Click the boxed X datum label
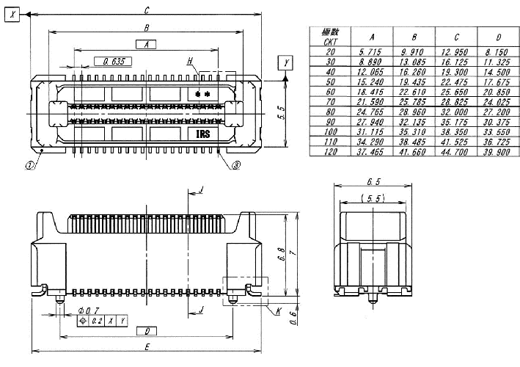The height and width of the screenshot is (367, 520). [x=10, y=13]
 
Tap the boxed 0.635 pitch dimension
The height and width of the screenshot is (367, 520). [x=114, y=61]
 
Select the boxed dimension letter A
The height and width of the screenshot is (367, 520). [x=147, y=44]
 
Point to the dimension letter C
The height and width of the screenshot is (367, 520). [x=147, y=10]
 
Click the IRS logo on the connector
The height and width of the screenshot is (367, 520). [x=203, y=134]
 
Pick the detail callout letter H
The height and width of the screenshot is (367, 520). [x=190, y=59]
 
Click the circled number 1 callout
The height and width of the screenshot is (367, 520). [x=30, y=166]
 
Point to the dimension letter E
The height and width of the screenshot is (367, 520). [x=148, y=346]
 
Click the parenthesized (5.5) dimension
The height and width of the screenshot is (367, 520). [x=374, y=198]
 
